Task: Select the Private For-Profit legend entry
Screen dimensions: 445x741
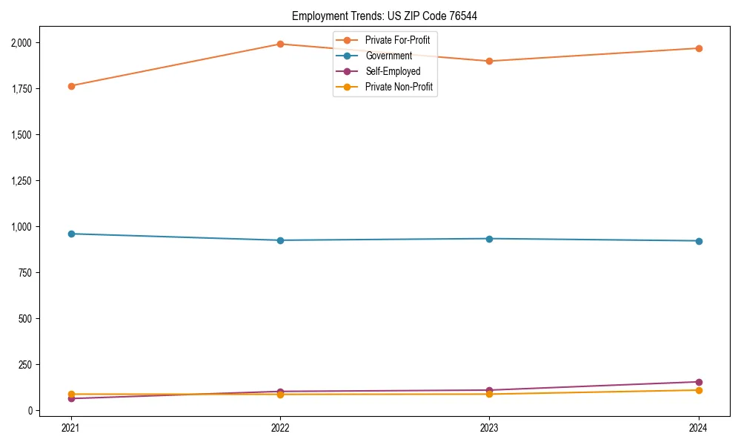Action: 397,40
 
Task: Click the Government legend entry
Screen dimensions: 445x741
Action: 388,56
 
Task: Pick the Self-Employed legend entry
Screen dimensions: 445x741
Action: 393,71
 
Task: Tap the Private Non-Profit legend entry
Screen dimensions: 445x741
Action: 399,87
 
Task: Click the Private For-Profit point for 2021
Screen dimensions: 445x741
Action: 71,86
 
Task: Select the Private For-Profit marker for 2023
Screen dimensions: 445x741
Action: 489,61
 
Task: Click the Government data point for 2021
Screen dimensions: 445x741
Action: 71,234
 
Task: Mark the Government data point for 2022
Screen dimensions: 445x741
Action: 280,240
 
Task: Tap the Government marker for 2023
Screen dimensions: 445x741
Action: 489,239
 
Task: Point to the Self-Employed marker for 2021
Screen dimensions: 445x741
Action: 71,398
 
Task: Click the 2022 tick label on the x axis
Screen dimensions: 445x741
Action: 280,427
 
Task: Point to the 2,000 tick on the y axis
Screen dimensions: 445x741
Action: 21,43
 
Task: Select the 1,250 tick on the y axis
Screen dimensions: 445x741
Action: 21,181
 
